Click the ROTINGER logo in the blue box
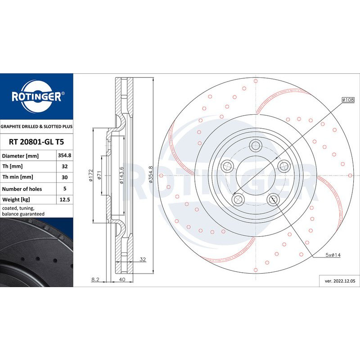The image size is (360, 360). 37,96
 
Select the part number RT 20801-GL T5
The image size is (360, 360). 36,142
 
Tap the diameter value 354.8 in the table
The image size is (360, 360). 64,155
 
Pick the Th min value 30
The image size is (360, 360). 64,177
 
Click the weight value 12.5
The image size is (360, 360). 64,199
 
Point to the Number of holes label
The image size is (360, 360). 22,189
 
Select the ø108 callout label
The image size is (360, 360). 348,99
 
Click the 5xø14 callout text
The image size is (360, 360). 333,255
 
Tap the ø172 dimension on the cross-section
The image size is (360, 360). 91,175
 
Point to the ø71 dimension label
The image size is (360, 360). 99,175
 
